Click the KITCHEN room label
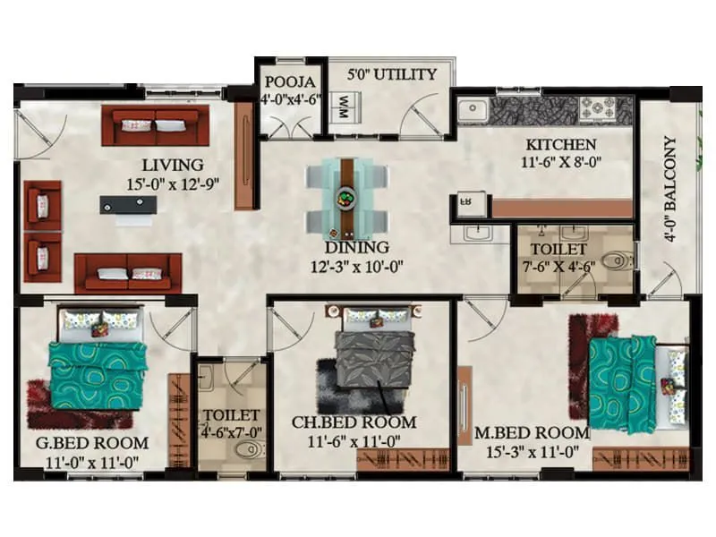point(560,145)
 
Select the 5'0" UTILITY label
point(392,74)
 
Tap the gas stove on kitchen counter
point(594,108)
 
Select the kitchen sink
point(472,111)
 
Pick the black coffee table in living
point(128,205)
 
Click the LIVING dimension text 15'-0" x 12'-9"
point(173,184)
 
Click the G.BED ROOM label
point(92,443)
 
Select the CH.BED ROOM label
point(354,422)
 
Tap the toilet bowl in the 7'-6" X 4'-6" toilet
point(617,261)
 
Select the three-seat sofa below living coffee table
point(128,271)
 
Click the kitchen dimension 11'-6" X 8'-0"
point(560,164)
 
